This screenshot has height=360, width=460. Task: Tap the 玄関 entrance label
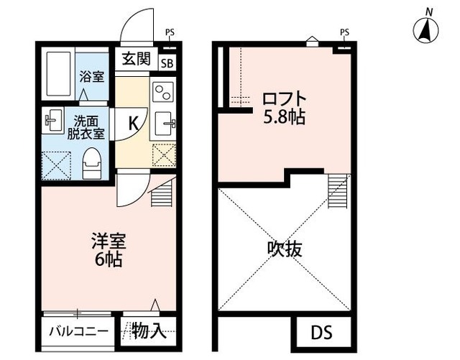[x=134, y=58]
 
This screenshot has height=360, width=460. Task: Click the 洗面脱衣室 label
[x=86, y=127]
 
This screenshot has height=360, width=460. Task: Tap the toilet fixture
[x=91, y=164]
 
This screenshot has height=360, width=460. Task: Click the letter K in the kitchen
[x=134, y=122]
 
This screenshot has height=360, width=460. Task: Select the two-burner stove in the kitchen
[x=162, y=91]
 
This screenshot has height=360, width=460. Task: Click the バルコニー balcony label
[x=79, y=332]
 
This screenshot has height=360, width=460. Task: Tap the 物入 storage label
[x=149, y=331]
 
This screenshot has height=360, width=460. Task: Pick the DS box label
[x=322, y=333]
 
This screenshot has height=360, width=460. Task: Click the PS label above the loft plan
[x=344, y=32]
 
